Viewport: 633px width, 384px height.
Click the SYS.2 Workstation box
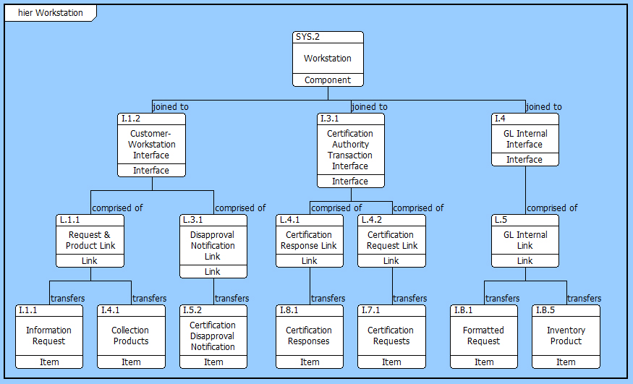328,59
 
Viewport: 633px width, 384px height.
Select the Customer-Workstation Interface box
151,145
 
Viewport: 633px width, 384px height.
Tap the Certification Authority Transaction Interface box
350,150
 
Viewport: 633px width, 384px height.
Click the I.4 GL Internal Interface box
524,140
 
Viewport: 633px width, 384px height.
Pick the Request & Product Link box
90,240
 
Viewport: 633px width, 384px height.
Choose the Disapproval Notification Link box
213,246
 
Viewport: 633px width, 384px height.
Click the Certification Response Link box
309,240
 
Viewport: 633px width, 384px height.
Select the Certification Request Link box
391,240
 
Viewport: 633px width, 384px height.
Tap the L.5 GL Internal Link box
524,240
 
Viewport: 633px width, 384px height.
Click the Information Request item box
48,336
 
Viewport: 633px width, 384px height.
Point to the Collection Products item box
131,336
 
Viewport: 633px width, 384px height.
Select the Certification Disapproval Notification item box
213,336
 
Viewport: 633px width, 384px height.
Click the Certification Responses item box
310,336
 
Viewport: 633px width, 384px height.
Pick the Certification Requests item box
391,336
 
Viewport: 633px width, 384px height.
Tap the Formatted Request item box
483,336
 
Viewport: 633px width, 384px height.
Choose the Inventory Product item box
566,336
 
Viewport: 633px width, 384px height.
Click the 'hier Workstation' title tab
50,13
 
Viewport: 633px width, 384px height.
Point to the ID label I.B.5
546,310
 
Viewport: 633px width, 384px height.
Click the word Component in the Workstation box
328,80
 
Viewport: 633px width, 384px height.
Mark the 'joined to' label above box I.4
543,107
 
